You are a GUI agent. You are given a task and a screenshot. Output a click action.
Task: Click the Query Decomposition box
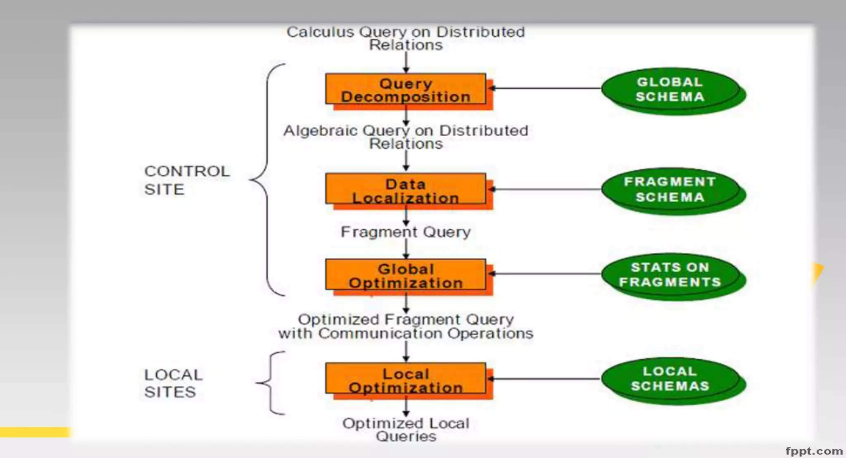[406, 90]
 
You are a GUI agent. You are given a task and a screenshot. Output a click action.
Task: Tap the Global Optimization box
[406, 275]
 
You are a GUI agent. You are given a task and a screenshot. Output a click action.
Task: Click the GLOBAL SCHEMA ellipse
[670, 89]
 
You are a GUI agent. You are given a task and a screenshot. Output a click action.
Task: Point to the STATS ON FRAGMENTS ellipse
[670, 275]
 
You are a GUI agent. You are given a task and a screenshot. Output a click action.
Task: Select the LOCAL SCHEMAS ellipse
[670, 379]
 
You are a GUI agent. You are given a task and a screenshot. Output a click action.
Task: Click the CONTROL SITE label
[186, 180]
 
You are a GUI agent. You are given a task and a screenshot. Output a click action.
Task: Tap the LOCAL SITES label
[173, 383]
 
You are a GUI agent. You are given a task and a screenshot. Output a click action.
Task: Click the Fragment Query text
[406, 232]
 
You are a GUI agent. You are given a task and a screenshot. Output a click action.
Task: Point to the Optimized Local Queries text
[406, 430]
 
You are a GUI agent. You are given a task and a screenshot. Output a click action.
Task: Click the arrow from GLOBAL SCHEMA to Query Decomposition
[545, 88]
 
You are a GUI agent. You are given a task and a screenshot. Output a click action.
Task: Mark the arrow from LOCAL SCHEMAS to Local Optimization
[545, 378]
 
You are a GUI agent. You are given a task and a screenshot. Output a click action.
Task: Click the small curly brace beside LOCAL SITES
[271, 382]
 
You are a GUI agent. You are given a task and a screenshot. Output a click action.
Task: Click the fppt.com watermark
[813, 451]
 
